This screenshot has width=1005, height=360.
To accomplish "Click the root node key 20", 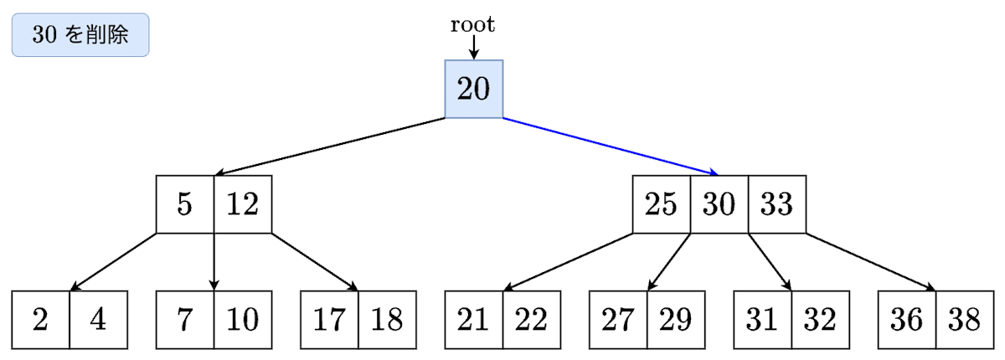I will coord(473,89).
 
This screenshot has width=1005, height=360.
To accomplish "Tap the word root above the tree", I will coord(473,24).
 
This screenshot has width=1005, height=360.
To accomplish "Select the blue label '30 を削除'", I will coord(80,35).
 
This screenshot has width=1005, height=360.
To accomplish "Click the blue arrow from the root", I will coord(610,147).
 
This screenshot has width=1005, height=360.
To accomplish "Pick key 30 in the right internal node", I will coord(719,204).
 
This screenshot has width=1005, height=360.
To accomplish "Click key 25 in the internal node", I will coord(661,204).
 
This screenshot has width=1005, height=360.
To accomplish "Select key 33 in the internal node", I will coord(776,204).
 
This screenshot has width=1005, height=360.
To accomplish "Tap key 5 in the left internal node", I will coord(185,204).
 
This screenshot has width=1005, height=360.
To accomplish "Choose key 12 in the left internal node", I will coord(243,204).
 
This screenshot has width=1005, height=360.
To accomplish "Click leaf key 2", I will coord(41,320).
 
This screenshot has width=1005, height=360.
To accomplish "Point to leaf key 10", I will coord(243,320).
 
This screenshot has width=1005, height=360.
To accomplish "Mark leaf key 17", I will coord(329,320).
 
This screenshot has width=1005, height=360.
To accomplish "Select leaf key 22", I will coord(531,320).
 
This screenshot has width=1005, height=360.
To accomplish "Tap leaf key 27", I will coord(618,320).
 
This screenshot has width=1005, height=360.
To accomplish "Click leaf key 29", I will coord(675,320).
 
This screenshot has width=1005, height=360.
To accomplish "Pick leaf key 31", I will coord(762,320).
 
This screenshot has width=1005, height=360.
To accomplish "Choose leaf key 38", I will coord(964,320).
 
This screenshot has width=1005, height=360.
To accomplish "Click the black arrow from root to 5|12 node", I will coord(331,147).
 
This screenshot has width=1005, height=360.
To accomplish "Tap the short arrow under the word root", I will coord(473,48).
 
